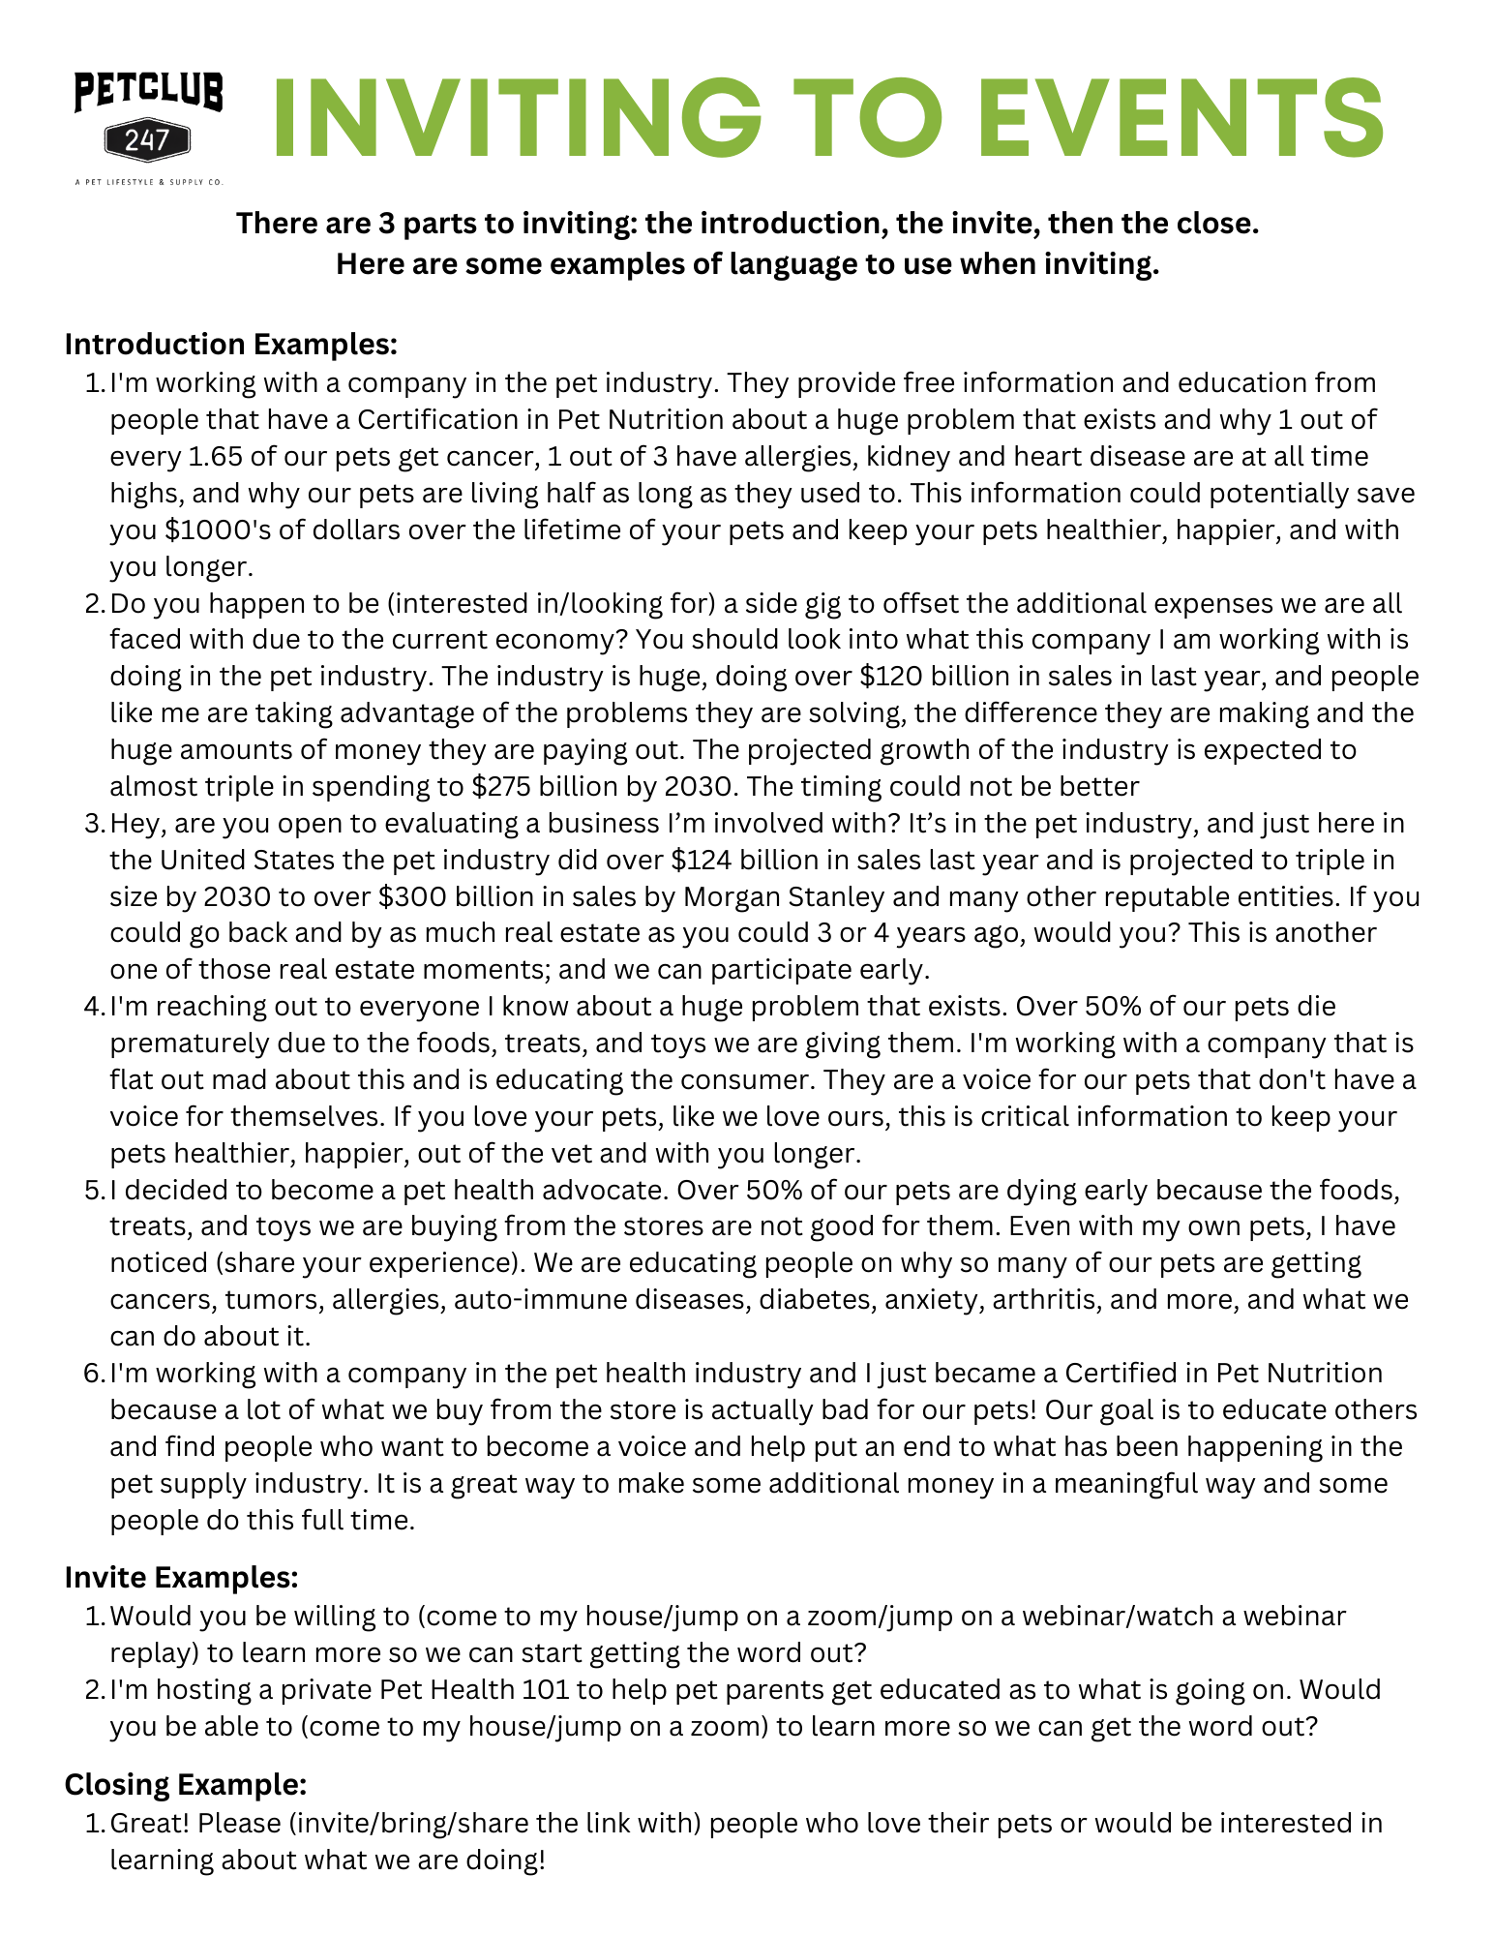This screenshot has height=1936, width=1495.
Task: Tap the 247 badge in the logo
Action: pos(147,141)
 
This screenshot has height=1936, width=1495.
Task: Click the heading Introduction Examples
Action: pos(231,345)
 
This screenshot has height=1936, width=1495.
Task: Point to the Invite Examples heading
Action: pos(181,1577)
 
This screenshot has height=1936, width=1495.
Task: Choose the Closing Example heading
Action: pos(186,1784)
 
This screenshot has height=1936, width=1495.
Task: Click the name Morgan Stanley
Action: pos(784,896)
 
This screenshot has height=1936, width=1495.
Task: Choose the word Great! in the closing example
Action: pos(150,1823)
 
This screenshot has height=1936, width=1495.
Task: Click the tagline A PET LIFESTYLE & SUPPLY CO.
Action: pos(148,181)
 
